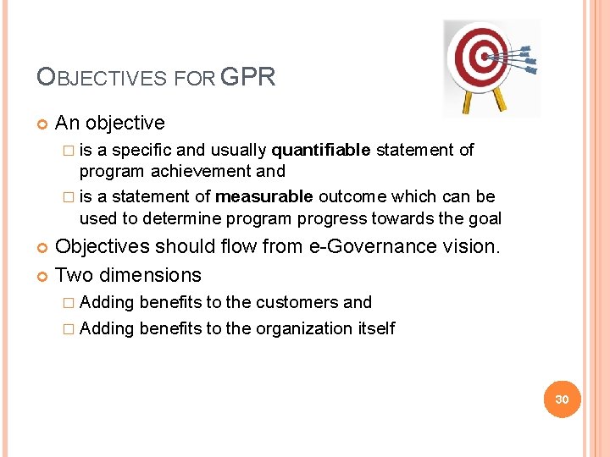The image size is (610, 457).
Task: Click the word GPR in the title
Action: [x=247, y=79]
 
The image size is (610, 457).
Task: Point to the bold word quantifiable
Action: [x=320, y=150]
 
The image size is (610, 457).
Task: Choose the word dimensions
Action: [x=149, y=275]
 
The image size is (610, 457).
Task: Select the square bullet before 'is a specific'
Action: [x=68, y=151]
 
